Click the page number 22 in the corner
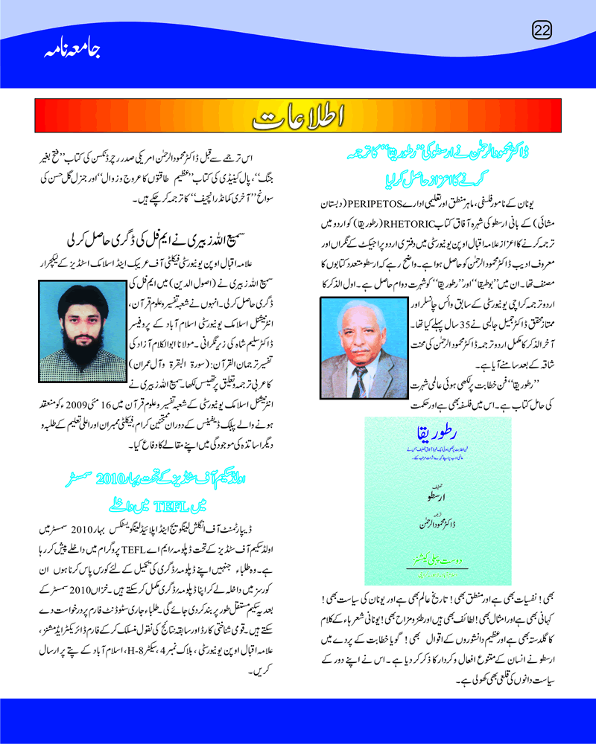pos(542,30)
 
